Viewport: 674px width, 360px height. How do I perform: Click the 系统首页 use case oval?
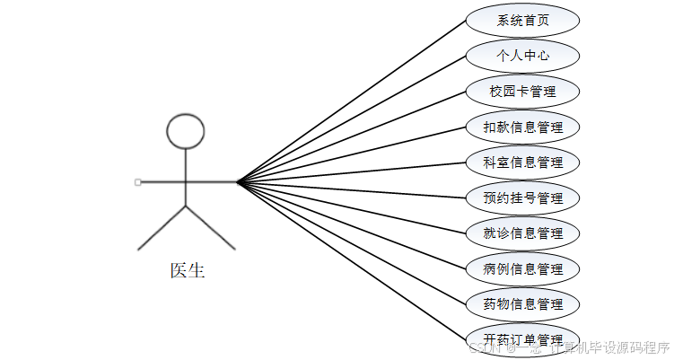(522, 21)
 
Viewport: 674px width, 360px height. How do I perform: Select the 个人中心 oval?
(522, 56)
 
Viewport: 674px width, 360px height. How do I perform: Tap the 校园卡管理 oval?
(522, 92)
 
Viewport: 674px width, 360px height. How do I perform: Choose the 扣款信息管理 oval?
(522, 127)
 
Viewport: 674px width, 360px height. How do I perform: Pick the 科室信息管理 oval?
(522, 162)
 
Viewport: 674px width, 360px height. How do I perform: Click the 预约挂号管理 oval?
(522, 198)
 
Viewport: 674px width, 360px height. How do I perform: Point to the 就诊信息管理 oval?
(522, 233)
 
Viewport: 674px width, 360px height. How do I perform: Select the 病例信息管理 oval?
(522, 268)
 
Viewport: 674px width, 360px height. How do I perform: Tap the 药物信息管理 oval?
(522, 304)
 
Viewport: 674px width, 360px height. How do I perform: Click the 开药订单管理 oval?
(522, 338)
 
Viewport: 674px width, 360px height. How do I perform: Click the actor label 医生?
(188, 270)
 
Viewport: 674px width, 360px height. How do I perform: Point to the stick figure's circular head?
(186, 130)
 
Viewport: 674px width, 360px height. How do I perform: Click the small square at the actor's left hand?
(137, 182)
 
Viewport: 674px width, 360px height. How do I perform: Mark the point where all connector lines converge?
(238, 182)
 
